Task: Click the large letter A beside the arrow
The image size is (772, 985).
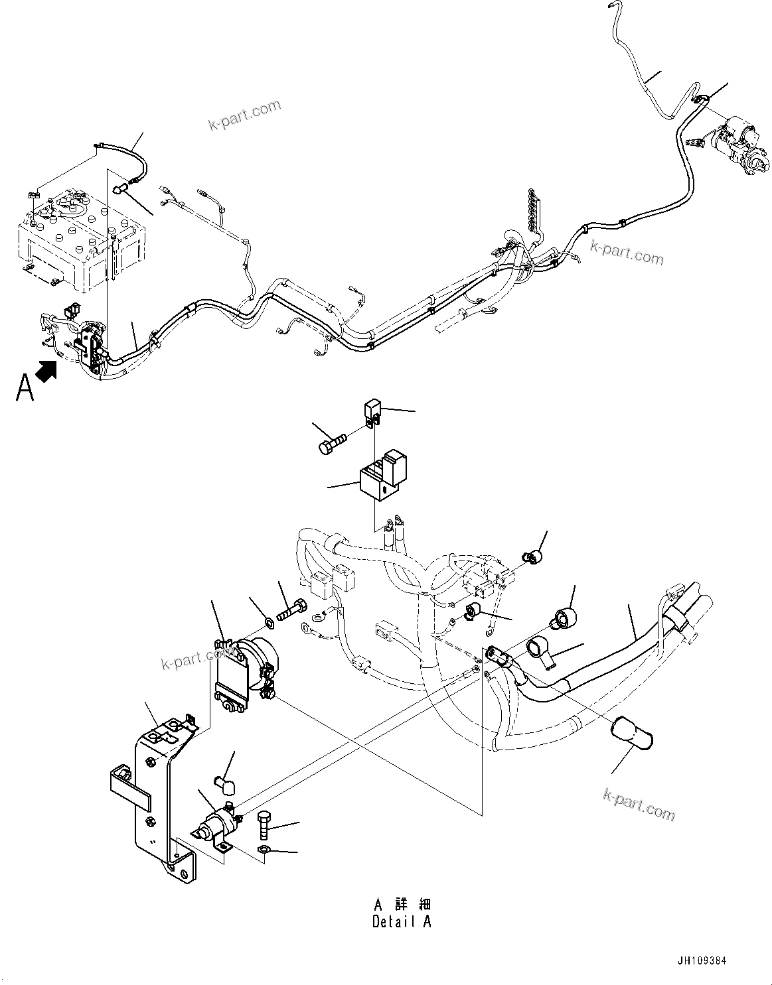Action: point(25,387)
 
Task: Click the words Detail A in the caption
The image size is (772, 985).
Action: point(402,921)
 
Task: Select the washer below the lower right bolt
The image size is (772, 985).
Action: point(262,850)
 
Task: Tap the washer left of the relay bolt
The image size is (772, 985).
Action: point(270,622)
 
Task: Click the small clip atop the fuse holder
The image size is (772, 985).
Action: point(373,410)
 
